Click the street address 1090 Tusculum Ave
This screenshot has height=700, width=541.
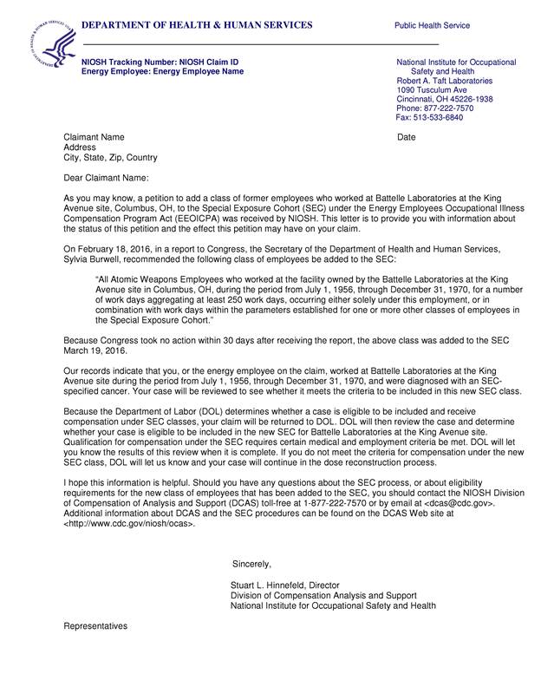coord(432,90)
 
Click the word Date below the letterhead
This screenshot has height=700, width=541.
coord(407,138)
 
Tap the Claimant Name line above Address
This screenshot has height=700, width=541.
coord(95,138)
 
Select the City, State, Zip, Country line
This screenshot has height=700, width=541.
coord(111,158)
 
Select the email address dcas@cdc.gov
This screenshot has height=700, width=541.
coord(460,504)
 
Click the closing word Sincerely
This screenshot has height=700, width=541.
coord(251,565)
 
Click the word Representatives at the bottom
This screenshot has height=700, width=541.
coord(95,625)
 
